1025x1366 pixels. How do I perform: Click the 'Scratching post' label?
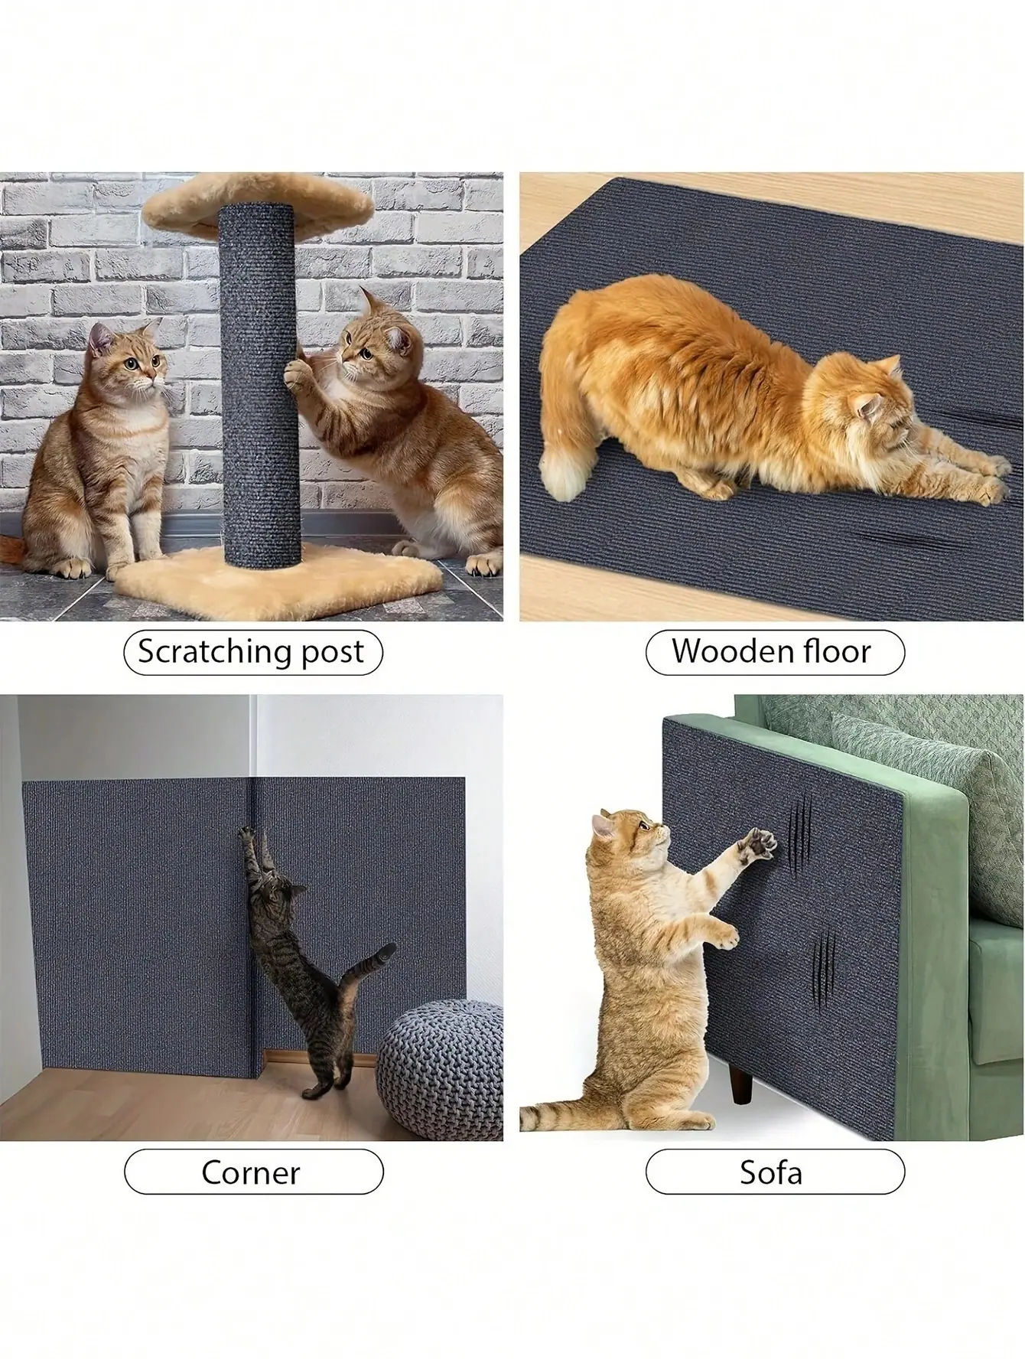click(x=252, y=652)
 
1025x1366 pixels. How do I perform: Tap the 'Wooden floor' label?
click(x=772, y=652)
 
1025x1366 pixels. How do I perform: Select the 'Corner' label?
click(x=252, y=1172)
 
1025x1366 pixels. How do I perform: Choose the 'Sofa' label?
click(x=772, y=1172)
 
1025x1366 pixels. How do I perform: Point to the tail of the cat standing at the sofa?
click(x=558, y=1117)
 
